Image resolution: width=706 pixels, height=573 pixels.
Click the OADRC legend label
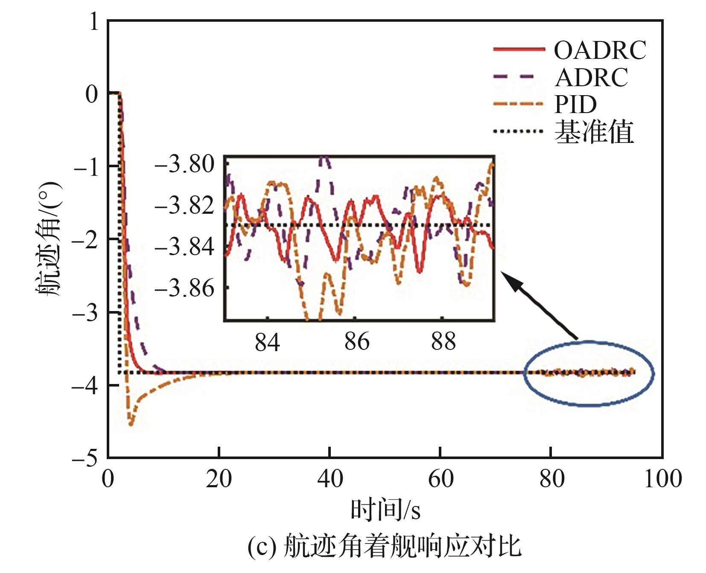pyautogui.click(x=600, y=50)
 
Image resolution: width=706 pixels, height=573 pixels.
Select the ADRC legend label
pyautogui.click(x=592, y=77)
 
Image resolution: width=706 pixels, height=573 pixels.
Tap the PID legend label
pyautogui.click(x=575, y=104)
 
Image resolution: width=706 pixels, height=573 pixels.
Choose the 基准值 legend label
pyautogui.click(x=594, y=132)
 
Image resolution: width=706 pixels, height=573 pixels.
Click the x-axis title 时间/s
pyautogui.click(x=385, y=510)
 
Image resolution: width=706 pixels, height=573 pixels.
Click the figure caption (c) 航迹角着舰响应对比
pyautogui.click(x=384, y=547)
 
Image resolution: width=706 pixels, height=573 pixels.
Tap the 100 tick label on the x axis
pyautogui.click(x=662, y=479)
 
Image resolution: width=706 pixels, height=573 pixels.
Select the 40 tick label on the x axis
pyautogui.click(x=330, y=479)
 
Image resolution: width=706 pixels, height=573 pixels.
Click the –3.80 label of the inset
pyautogui.click(x=184, y=164)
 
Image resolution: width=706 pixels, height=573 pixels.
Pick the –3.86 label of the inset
pyautogui.click(x=184, y=288)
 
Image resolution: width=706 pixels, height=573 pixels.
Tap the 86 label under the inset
pyautogui.click(x=357, y=341)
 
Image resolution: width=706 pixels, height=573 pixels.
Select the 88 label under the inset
pyautogui.click(x=443, y=341)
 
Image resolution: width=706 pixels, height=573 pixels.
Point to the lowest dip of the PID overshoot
pyautogui.click(x=131, y=424)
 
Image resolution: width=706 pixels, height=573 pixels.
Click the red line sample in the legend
pyautogui.click(x=519, y=50)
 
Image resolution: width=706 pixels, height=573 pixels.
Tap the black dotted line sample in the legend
pyautogui.click(x=519, y=131)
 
